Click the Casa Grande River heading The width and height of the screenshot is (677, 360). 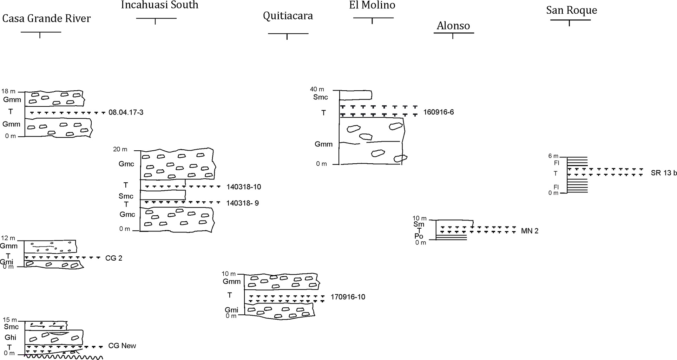[46, 19]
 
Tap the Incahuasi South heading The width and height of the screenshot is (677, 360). [160, 5]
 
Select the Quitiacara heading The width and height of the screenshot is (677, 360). [288, 16]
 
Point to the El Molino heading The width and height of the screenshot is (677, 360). [372, 5]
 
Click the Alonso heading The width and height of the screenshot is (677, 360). [453, 26]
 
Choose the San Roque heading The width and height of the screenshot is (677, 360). [571, 10]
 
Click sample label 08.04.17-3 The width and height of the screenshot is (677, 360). [126, 113]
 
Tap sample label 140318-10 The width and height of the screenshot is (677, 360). [244, 187]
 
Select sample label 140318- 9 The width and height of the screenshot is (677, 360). [243, 203]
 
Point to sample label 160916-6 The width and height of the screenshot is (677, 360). [439, 112]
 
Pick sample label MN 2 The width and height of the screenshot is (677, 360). [530, 231]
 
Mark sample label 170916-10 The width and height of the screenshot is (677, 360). [348, 297]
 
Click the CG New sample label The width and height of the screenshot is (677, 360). [122, 346]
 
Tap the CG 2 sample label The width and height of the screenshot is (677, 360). [114, 258]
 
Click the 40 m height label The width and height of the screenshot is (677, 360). [317, 90]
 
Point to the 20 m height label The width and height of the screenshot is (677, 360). [120, 149]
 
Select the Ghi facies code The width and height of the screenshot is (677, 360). [10, 338]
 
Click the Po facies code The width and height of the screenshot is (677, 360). [419, 236]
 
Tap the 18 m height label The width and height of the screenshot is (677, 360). [9, 91]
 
